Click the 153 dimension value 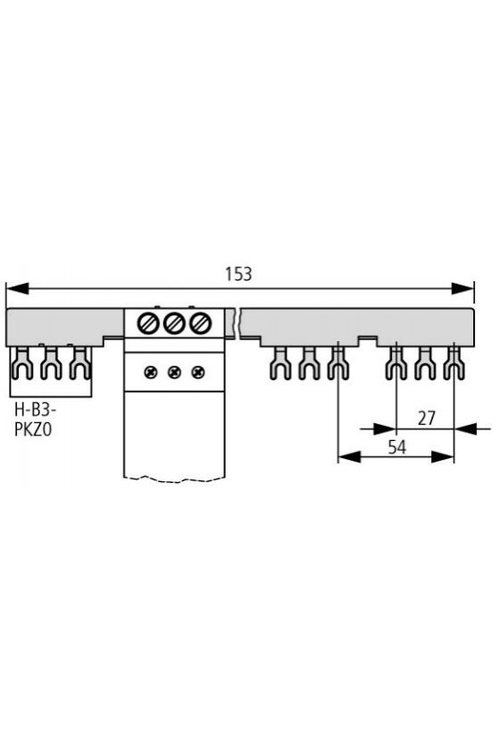click(x=238, y=274)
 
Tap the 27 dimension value click(x=426, y=418)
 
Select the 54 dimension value click(x=397, y=447)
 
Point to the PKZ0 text click(x=33, y=430)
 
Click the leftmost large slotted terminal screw click(x=148, y=324)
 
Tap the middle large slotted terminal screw click(x=174, y=324)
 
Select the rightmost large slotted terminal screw click(x=199, y=324)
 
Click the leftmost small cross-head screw click(x=151, y=371)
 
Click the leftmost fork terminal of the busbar click(x=22, y=363)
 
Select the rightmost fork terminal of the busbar click(x=454, y=363)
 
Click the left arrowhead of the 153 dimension click(x=17, y=288)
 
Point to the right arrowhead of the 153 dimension click(x=462, y=288)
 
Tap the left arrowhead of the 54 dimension click(x=349, y=457)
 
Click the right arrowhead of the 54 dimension click(x=443, y=457)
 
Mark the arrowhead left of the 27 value click(x=385, y=429)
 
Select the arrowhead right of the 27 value click(x=465, y=429)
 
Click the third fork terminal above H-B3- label click(x=79, y=363)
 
